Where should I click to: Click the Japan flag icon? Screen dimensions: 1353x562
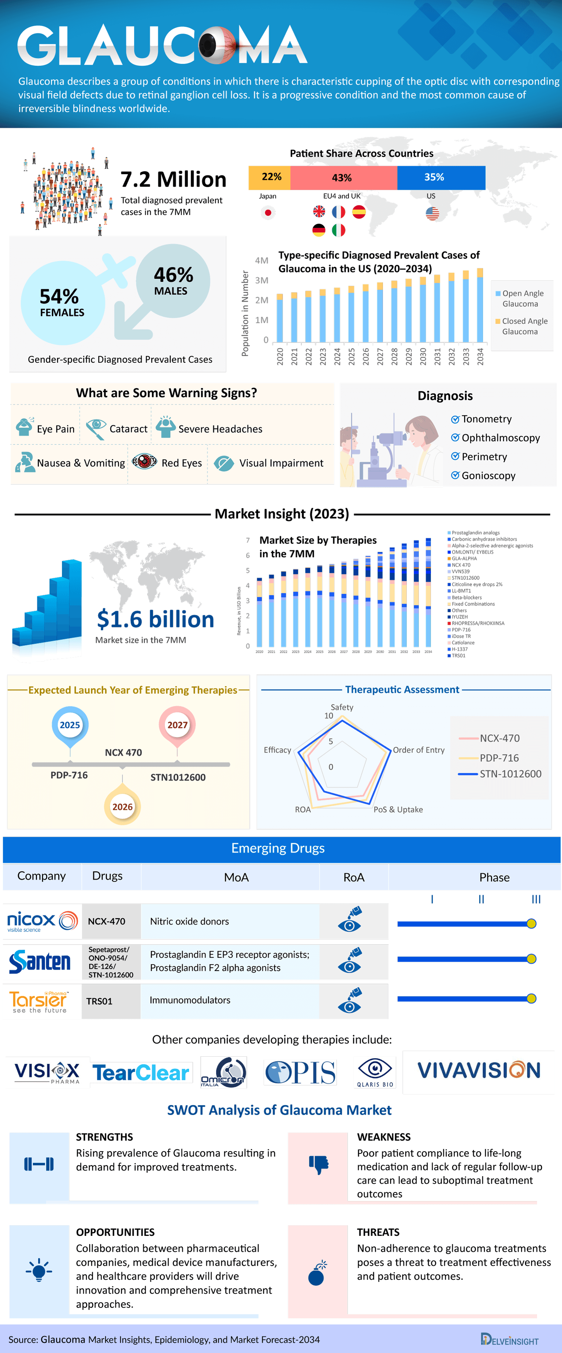pyautogui.click(x=268, y=213)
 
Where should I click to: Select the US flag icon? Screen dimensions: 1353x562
pyautogui.click(x=432, y=213)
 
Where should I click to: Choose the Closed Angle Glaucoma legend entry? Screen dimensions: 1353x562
pyautogui.click(x=521, y=326)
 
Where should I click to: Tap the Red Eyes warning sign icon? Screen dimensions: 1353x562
pyautogui.click(x=144, y=462)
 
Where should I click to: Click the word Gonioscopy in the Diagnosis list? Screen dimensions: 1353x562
pyautogui.click(x=488, y=475)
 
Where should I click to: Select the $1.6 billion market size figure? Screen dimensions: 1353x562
pyautogui.click(x=155, y=619)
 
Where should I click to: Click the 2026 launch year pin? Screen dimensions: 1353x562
pyautogui.click(x=122, y=806)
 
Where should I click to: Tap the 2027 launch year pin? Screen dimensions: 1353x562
pyautogui.click(x=178, y=725)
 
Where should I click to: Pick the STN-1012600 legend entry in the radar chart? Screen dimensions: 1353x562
pyautogui.click(x=510, y=774)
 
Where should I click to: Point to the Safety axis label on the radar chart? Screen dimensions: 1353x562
pyautogui.click(x=341, y=707)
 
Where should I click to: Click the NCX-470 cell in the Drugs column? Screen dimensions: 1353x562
pyautogui.click(x=107, y=921)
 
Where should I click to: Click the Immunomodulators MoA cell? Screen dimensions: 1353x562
pyautogui.click(x=190, y=1000)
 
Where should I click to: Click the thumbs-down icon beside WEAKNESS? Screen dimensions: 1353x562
pyautogui.click(x=318, y=1164)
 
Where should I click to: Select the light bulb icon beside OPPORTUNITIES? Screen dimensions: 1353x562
pyautogui.click(x=39, y=1270)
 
